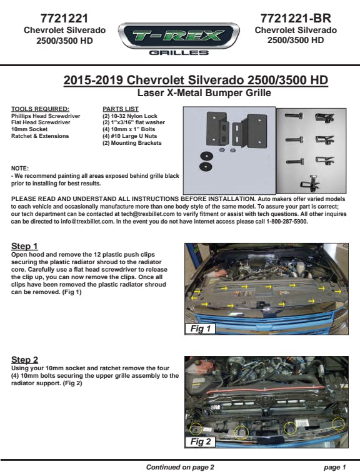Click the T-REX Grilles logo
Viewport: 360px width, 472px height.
(179, 39)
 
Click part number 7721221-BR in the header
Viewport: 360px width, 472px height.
(296, 18)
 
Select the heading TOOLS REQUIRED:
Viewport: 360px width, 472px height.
(40, 109)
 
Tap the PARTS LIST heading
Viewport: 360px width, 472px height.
(121, 109)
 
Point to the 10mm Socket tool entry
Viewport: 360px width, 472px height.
(29, 129)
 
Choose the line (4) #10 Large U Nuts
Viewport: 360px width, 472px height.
(129, 136)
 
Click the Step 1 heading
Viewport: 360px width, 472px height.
(24, 246)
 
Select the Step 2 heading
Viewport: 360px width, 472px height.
(25, 360)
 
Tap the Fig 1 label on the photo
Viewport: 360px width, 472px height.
(201, 328)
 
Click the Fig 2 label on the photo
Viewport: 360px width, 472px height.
(201, 441)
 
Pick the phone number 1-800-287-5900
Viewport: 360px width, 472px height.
(287, 222)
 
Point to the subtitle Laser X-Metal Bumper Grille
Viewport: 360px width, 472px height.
(204, 92)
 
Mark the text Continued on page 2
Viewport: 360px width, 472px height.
(180, 467)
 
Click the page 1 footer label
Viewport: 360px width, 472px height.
(335, 467)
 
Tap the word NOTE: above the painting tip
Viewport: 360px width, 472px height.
(20, 169)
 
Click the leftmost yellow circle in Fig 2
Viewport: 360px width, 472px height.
(197, 430)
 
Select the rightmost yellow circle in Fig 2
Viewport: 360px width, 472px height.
(338, 424)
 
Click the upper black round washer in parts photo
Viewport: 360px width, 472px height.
(206, 156)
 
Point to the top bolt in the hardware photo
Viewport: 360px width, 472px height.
(293, 116)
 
